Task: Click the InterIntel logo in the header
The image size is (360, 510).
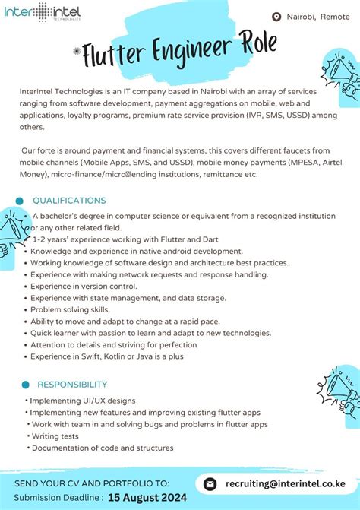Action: point(42,13)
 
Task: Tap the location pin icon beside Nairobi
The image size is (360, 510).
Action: point(276,17)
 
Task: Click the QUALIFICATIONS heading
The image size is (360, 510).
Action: point(69,201)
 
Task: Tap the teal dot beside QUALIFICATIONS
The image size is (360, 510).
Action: point(19,201)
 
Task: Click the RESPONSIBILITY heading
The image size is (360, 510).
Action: point(72,385)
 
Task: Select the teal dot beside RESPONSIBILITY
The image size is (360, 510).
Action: point(25,385)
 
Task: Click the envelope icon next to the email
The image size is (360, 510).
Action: point(210,483)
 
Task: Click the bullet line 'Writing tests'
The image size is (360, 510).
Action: point(55,436)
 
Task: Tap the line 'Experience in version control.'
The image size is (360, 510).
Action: point(84,286)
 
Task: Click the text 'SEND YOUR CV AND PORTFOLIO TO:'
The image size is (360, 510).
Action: point(92,483)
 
